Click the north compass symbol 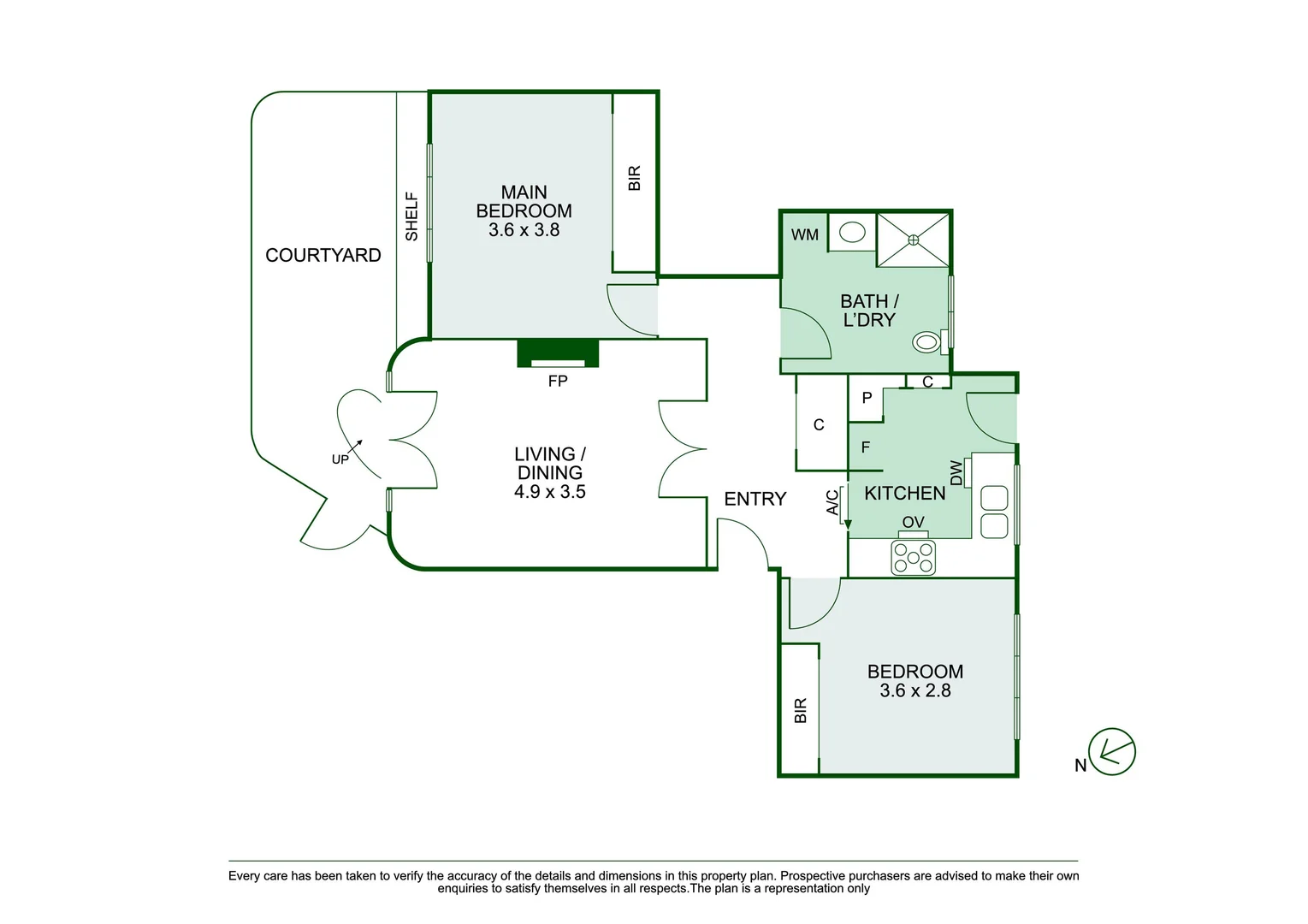pos(1110,752)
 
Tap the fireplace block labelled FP pos(558,352)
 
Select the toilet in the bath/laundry pos(927,342)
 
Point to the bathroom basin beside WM pos(851,233)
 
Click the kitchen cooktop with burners pos(913,558)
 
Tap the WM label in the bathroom pos(804,234)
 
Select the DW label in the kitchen pos(956,471)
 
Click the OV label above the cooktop pos(913,522)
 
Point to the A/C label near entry pos(832,502)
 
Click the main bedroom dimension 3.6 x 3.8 pos(524,230)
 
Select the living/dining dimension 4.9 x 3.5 pos(549,492)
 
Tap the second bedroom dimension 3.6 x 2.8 pos(914,690)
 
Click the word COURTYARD pos(323,255)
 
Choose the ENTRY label pos(755,499)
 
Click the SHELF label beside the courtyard pos(411,216)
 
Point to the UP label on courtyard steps pos(340,459)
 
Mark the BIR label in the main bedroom pos(634,178)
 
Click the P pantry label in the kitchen pos(867,398)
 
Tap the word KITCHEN pos(904,493)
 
